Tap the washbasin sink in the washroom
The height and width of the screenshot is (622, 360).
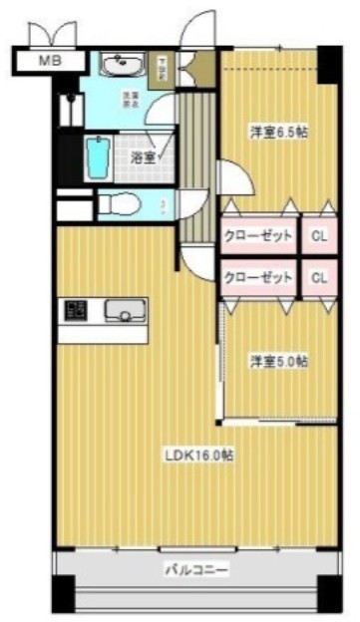(124, 66)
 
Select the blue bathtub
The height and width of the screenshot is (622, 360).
(98, 157)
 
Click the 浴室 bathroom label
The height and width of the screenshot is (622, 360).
(143, 157)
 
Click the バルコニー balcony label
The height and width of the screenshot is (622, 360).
(196, 571)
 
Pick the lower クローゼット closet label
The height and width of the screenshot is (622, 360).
(257, 276)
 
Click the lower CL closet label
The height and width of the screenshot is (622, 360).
(319, 276)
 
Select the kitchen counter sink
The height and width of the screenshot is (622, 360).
(126, 311)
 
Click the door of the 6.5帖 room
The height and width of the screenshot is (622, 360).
(231, 179)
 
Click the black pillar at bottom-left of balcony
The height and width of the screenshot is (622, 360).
(63, 597)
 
